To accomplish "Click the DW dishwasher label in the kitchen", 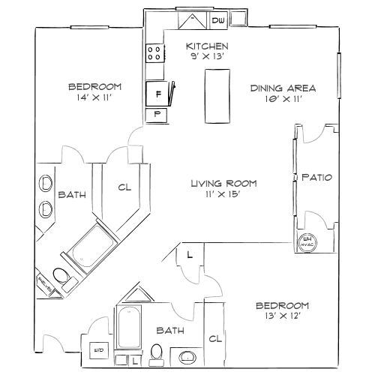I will (219, 20).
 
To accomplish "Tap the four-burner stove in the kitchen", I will (156, 52).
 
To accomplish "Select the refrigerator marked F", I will (157, 94).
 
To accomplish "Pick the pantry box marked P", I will (157, 115).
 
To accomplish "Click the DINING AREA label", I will (283, 88).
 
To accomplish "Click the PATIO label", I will (316, 178).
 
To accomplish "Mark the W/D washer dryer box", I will (97, 351).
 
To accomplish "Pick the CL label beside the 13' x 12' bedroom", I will (216, 338).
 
